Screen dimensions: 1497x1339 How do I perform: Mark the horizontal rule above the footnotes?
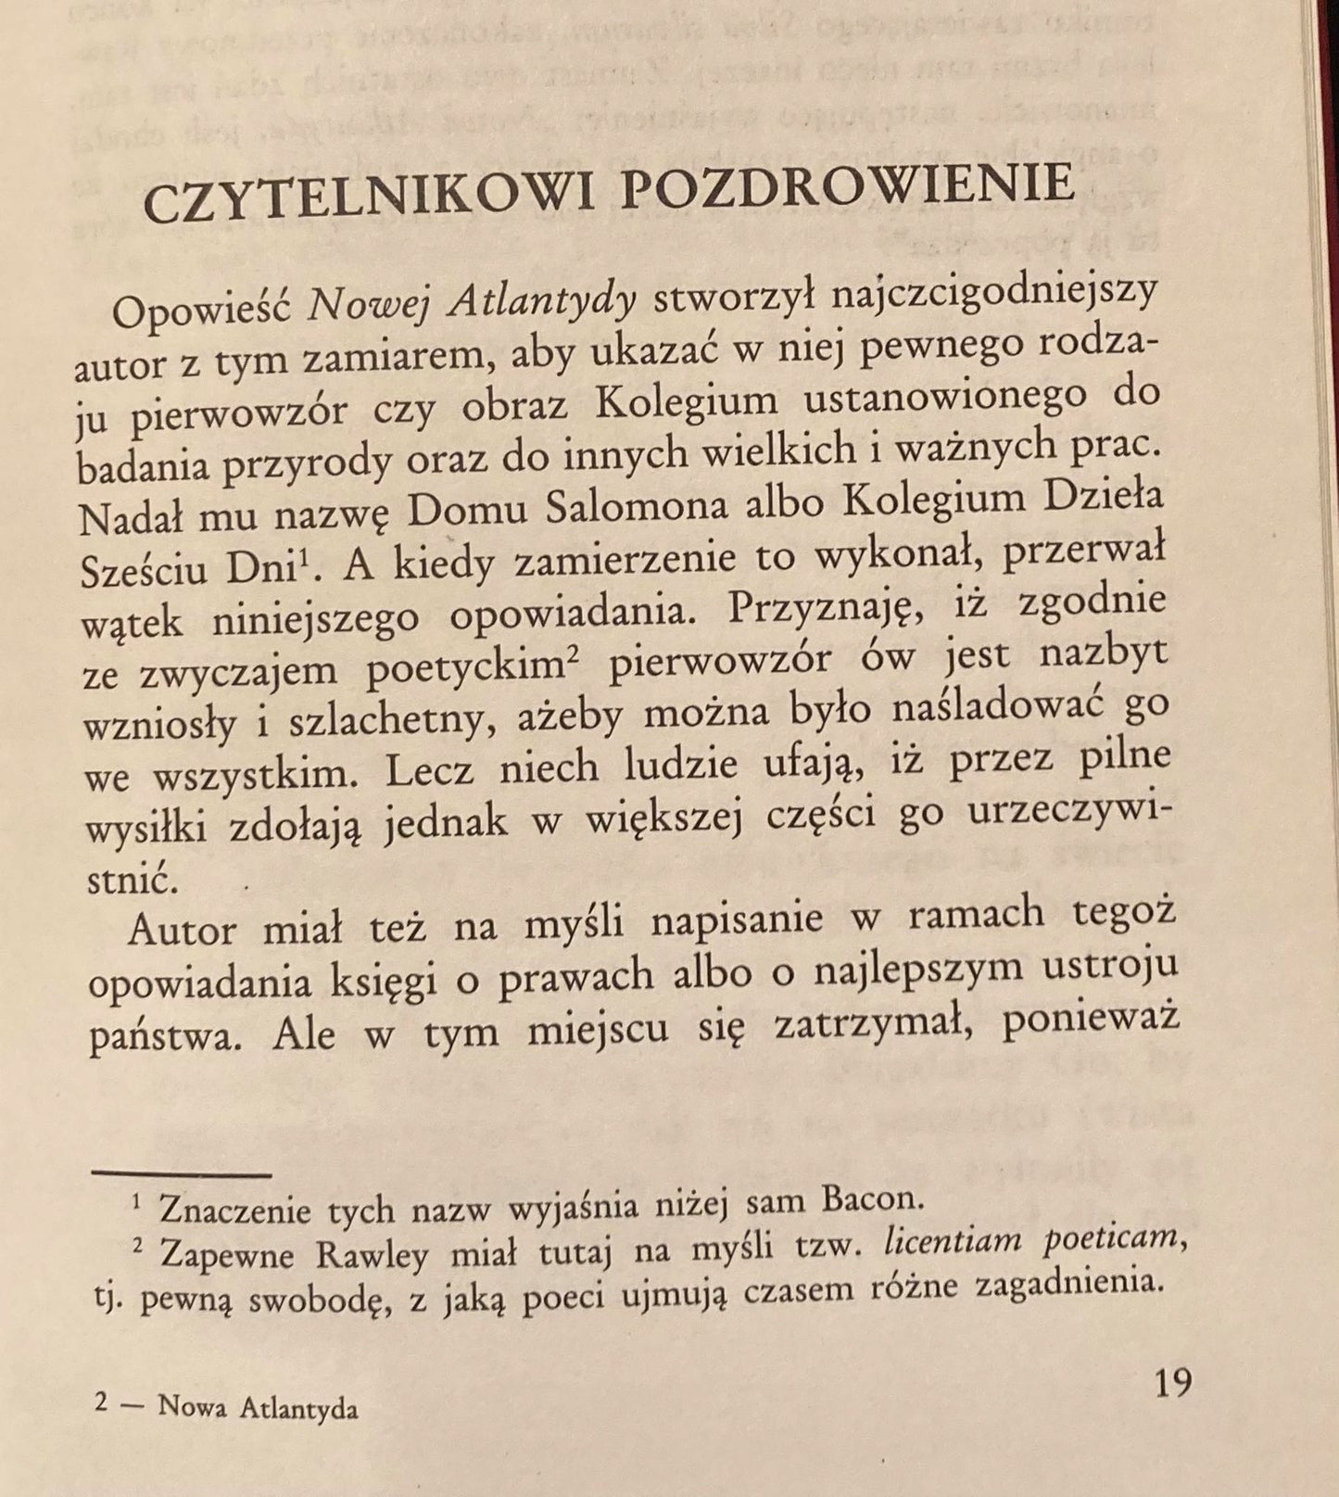pyautogui.click(x=182, y=1175)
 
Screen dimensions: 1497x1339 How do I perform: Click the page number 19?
pyautogui.click(x=1171, y=1383)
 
